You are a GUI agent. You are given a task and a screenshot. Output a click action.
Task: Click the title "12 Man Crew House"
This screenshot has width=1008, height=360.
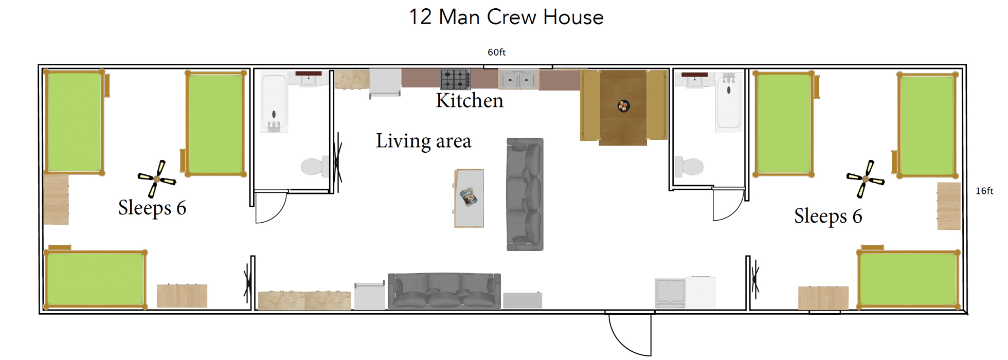coord(506,17)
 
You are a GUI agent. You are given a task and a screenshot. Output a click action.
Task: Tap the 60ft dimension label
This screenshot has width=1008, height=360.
coord(496,52)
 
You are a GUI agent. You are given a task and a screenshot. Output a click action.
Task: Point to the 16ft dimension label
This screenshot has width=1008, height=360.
coord(984,191)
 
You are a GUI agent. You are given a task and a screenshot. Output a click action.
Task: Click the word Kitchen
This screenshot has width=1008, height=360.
coord(470,101)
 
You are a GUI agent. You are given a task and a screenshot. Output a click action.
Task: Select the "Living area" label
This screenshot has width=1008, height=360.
coord(423,141)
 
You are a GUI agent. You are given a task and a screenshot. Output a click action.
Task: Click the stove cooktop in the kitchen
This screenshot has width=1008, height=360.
coord(455,79)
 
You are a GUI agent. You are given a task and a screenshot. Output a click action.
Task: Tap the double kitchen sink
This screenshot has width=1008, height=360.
coord(518,80)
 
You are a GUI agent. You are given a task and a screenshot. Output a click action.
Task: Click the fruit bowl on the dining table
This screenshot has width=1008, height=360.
coord(623,106)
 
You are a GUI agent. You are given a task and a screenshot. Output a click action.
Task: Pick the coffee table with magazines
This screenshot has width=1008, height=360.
coord(469,198)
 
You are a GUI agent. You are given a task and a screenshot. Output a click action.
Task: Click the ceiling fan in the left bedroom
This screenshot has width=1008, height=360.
coord(157,179)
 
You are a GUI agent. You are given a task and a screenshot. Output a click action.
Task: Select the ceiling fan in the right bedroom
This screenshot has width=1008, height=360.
coord(866,179)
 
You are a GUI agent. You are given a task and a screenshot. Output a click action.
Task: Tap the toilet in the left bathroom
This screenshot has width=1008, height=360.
coord(314,166)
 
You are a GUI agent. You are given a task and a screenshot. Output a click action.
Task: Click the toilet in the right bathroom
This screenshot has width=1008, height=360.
coord(690,166)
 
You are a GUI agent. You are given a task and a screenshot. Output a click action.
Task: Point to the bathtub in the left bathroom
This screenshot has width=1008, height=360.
coord(274,103)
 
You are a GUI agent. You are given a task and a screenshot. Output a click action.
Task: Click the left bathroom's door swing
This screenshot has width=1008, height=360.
coord(271,207)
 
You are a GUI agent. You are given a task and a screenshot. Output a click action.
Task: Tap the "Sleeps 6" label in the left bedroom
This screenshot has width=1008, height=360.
coord(152,208)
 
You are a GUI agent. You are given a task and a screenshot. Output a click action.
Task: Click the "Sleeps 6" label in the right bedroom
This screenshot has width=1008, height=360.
coord(828,216)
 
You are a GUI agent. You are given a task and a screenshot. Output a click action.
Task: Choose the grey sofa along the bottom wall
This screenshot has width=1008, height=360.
coord(444,291)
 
